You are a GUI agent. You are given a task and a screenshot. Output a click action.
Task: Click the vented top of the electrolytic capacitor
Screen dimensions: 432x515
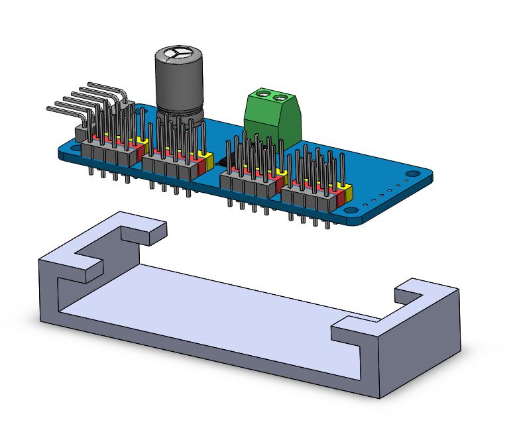point(179,54)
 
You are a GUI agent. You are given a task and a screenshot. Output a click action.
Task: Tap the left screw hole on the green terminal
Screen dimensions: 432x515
point(264,94)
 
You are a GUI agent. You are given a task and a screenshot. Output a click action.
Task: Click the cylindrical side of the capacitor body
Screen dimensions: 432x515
point(178,89)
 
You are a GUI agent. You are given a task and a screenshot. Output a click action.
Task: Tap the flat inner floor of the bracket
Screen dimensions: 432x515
point(219,298)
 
